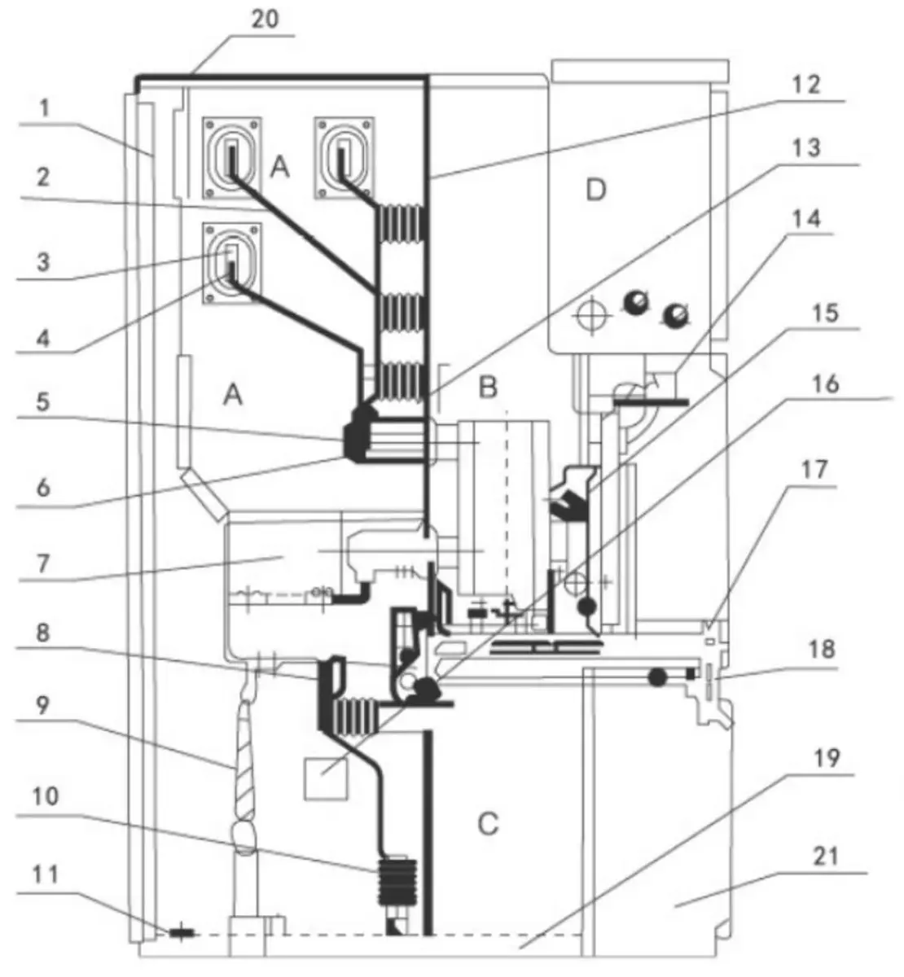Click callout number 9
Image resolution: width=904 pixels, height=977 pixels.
tap(43, 705)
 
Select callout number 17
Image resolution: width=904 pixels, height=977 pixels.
tap(814, 471)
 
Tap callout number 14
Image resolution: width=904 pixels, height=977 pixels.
tap(806, 218)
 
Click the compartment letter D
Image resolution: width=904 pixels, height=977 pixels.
tap(596, 191)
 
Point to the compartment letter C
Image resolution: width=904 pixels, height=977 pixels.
tap(487, 824)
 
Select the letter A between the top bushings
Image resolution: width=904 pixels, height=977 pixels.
tap(279, 168)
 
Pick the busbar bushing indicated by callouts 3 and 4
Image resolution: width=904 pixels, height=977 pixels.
tap(232, 263)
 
